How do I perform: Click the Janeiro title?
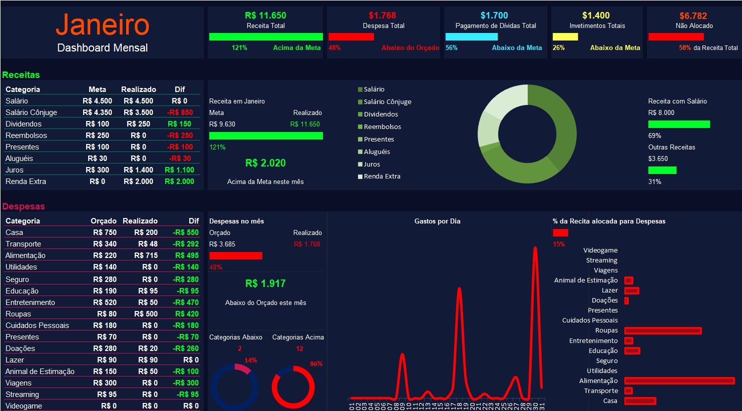click(x=103, y=25)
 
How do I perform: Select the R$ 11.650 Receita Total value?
click(x=265, y=15)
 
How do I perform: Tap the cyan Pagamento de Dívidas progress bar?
click(x=471, y=36)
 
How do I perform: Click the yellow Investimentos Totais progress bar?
click(x=565, y=36)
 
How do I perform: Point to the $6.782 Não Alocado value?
click(x=693, y=15)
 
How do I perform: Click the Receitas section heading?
click(x=21, y=75)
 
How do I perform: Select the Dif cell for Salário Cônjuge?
click(x=180, y=112)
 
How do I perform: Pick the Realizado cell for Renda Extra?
click(x=139, y=181)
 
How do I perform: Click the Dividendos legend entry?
click(x=381, y=114)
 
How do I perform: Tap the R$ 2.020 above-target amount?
click(x=265, y=163)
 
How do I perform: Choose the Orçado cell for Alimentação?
click(x=105, y=255)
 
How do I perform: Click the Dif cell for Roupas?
click(x=187, y=314)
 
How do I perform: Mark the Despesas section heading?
click(x=24, y=206)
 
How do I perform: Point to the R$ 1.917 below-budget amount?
click(x=265, y=283)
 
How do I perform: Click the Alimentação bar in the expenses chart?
click(x=679, y=381)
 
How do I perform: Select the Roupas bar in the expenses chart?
click(x=662, y=330)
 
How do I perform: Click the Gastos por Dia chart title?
click(x=437, y=221)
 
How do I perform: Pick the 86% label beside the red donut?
click(x=316, y=364)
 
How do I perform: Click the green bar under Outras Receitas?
click(x=662, y=170)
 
